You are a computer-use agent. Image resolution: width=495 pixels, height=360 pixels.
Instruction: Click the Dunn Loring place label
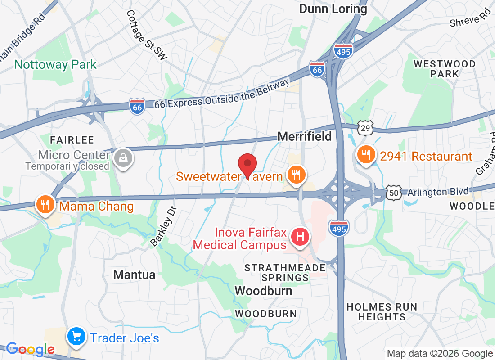[x=333, y=9]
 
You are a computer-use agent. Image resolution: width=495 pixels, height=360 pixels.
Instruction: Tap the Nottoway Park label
[x=55, y=64]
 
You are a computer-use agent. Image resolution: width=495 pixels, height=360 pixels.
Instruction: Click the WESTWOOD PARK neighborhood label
[x=444, y=69]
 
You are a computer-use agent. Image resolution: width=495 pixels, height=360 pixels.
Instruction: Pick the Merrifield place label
[x=305, y=136]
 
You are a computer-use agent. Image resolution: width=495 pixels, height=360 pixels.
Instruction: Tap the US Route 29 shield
[x=366, y=128]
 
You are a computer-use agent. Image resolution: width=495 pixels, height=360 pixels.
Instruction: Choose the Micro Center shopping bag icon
[x=122, y=158]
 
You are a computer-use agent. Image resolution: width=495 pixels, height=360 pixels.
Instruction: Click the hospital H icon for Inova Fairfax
[x=300, y=236]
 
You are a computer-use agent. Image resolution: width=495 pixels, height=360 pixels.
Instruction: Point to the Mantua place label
[x=134, y=274]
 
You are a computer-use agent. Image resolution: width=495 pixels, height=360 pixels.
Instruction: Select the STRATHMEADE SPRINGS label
[x=285, y=273]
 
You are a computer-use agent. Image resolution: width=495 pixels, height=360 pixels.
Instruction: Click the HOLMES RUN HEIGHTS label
[x=382, y=312]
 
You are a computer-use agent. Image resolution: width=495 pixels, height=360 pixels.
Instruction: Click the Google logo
[x=30, y=349]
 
